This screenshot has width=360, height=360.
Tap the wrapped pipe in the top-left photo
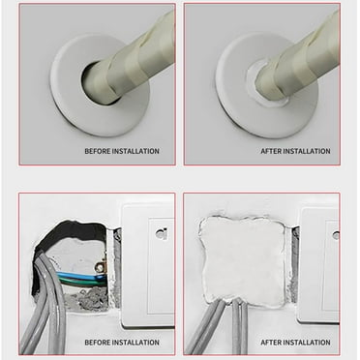(x=135, y=58)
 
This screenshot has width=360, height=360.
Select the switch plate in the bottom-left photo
(x=145, y=261)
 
